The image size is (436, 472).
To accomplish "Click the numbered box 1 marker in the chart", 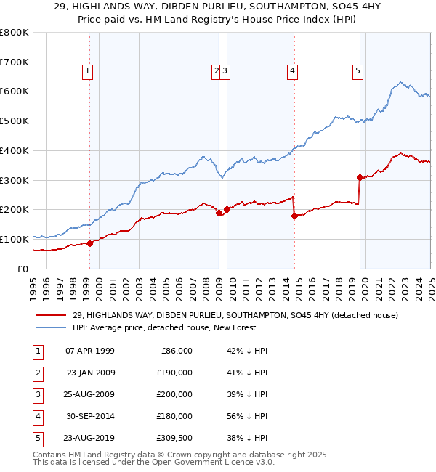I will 87,70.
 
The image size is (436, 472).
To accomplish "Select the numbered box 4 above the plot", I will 291,70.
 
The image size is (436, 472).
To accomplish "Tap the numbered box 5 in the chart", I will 358,70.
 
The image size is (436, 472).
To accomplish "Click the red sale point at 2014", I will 294,215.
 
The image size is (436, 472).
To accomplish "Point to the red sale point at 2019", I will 360,176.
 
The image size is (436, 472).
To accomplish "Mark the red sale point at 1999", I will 90,243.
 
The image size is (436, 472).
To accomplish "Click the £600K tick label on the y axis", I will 14,91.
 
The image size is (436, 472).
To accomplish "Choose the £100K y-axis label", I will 14,239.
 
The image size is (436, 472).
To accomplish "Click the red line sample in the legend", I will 51,316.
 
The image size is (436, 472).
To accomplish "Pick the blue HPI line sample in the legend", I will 51,327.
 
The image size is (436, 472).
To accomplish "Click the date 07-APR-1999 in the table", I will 90,351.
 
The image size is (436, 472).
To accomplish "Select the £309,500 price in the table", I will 174,438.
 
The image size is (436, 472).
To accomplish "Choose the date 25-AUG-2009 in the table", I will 90,394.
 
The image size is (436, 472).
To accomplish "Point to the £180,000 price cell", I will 175,416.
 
